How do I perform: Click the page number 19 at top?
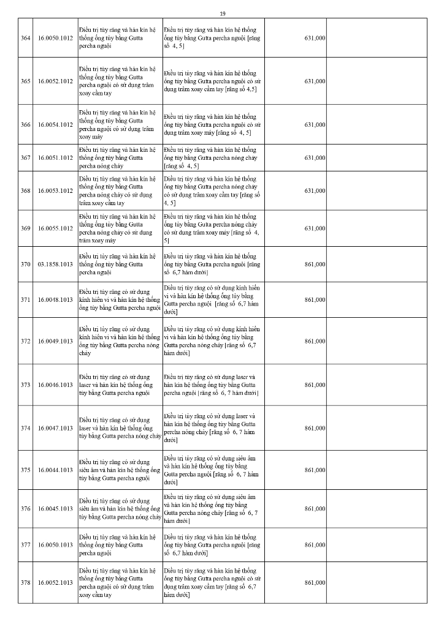pyautogui.click(x=222, y=13)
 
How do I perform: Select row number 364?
pyautogui.click(x=26, y=38)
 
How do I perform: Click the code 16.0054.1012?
pyautogui.click(x=55, y=124)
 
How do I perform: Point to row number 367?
pyautogui.click(x=26, y=157)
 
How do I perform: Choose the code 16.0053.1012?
pyautogui.click(x=55, y=190)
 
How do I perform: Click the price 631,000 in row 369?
pyautogui.click(x=315, y=228)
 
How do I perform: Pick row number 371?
pyautogui.click(x=26, y=299)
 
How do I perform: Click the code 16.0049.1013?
pyautogui.click(x=55, y=340)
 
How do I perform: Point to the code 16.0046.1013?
pyautogui.click(x=55, y=385)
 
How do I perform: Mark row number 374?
pyautogui.click(x=26, y=427)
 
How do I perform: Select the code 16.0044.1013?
pyautogui.click(x=55, y=470)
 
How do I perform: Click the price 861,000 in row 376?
pyautogui.click(x=315, y=508)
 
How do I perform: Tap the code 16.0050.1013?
pyautogui.click(x=55, y=544)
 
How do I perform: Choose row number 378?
pyautogui.click(x=26, y=582)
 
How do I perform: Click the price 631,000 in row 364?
pyautogui.click(x=315, y=38)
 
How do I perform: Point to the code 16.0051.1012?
pyautogui.click(x=55, y=157)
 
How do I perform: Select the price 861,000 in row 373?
pyautogui.click(x=315, y=385)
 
